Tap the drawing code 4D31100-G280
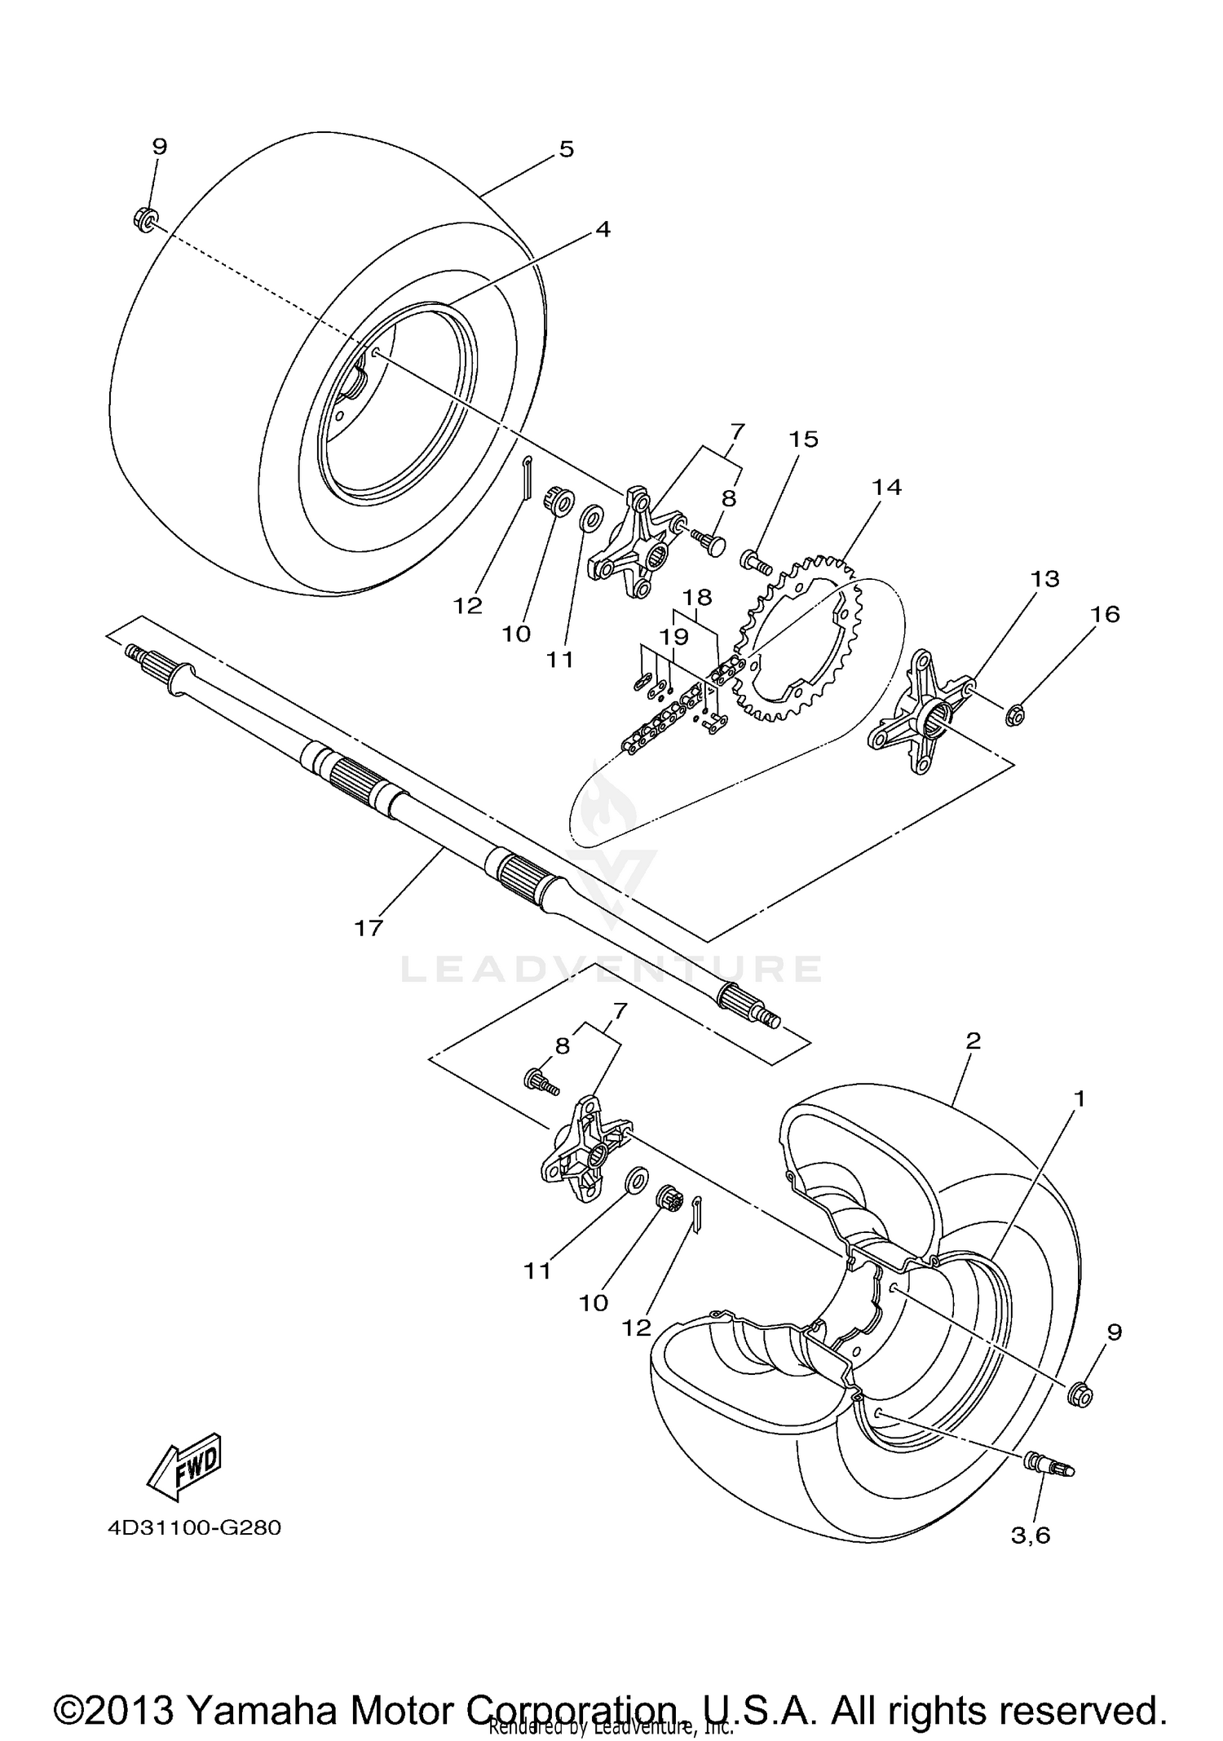click(194, 1527)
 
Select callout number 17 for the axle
click(369, 927)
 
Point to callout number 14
click(887, 487)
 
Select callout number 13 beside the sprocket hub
click(1044, 579)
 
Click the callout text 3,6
click(1031, 1536)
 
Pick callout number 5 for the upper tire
click(566, 148)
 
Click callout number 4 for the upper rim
click(602, 229)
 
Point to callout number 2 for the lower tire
click(972, 1041)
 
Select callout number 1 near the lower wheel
click(1079, 1098)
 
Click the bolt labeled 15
click(755, 561)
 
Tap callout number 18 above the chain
click(697, 597)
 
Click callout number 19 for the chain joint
click(673, 636)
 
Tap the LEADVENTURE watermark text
click(611, 969)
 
